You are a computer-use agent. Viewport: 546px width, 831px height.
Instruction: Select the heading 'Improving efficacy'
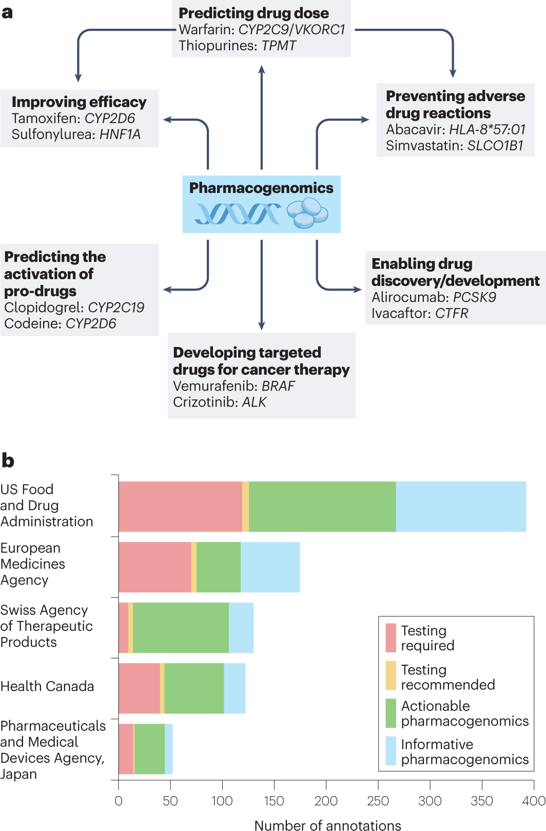79,102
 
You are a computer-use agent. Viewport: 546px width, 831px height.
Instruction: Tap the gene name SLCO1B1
495,146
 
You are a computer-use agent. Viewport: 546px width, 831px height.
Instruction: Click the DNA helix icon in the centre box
237,214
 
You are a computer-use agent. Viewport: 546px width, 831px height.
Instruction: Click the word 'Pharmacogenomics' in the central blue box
261,188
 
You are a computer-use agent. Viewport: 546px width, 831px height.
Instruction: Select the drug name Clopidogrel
44,307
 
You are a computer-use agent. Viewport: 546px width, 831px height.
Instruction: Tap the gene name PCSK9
474,297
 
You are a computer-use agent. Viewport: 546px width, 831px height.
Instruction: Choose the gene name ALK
254,402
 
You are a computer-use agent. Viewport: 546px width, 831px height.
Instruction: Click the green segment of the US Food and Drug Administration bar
322,507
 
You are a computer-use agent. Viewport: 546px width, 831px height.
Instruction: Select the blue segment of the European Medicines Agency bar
270,567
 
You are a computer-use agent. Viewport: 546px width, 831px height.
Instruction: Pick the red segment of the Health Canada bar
139,688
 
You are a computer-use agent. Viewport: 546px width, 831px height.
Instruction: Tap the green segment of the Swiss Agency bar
181,628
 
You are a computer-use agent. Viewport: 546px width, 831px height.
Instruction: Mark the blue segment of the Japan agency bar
169,749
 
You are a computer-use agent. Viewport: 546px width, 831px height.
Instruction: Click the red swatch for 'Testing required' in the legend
391,637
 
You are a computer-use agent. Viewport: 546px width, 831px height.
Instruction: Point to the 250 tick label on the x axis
378,801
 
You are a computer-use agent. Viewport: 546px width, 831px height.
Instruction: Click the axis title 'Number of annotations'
327,825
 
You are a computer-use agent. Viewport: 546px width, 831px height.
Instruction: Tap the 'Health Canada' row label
47,687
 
